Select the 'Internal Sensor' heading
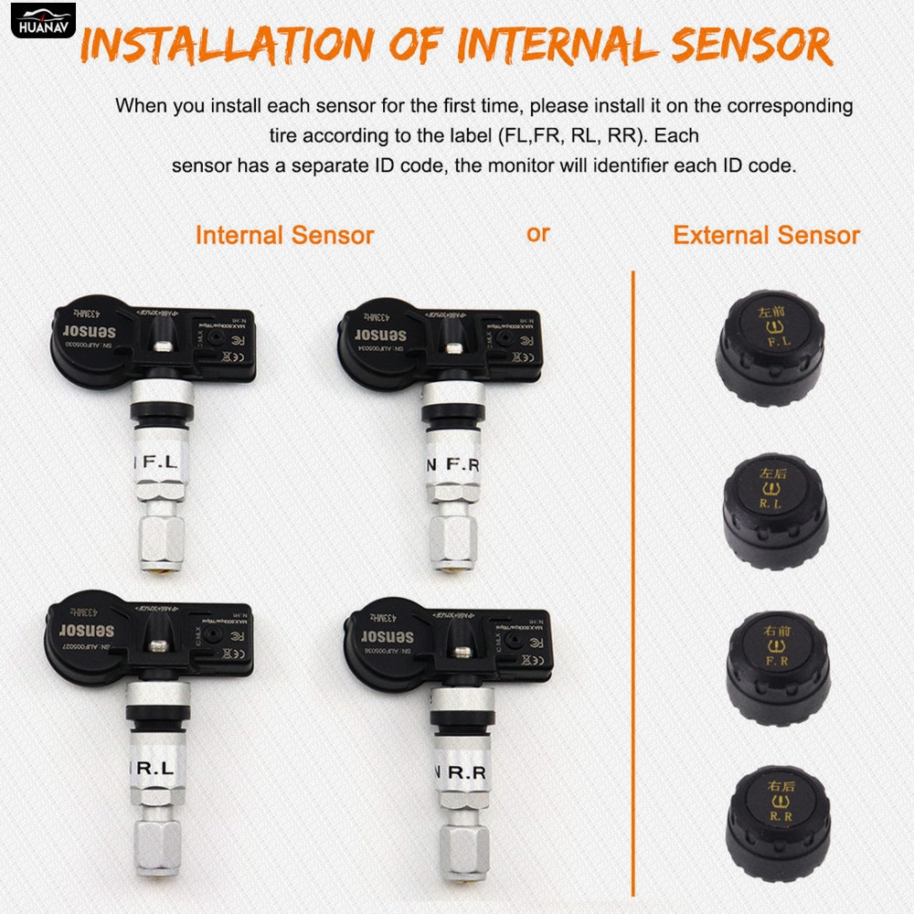point(284,235)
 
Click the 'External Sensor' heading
point(766,235)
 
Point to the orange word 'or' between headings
point(538,233)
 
